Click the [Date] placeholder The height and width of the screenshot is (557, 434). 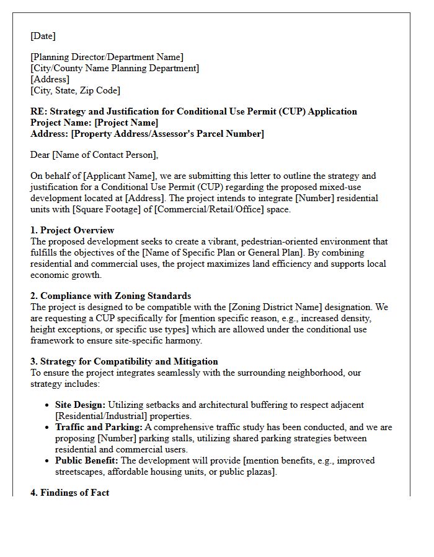tap(43, 37)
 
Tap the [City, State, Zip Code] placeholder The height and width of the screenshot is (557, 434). tap(75, 90)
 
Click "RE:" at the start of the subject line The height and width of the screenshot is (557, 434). tap(38, 112)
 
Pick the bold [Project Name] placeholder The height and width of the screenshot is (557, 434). tap(126, 123)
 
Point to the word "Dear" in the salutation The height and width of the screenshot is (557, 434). tap(41, 155)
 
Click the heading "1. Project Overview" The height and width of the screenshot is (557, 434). tap(72, 231)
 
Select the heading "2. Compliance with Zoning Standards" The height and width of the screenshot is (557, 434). tap(110, 296)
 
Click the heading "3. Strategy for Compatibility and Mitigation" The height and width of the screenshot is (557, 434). tap(124, 361)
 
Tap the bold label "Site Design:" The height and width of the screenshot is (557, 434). tap(80, 405)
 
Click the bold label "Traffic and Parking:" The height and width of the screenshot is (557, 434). tap(99, 428)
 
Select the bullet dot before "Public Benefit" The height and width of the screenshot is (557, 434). tap(48, 461)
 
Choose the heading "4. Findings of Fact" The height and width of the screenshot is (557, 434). tap(69, 493)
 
